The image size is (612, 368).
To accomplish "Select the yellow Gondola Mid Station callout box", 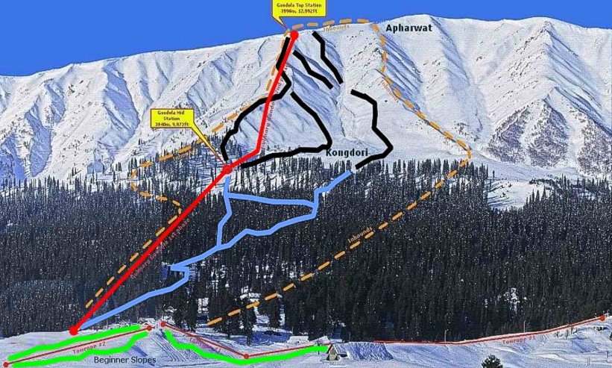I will [171, 119].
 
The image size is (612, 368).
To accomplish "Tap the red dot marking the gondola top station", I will [294, 34].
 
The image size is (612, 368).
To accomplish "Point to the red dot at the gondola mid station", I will [227, 170].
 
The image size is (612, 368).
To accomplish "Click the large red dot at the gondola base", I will [74, 330].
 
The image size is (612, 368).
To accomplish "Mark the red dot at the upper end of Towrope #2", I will [150, 326].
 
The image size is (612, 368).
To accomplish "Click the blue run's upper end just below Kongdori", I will [349, 174].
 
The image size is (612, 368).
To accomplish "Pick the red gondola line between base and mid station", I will [149, 251].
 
